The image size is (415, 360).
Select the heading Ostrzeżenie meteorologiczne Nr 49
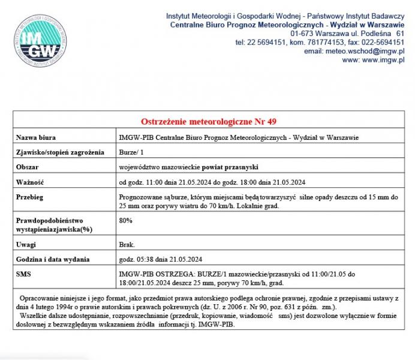[x=209, y=122]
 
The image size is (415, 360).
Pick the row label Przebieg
[x=31, y=196]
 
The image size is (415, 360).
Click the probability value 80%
[x=126, y=220]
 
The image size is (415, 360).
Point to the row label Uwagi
[x=26, y=244]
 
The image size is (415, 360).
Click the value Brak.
[x=127, y=244]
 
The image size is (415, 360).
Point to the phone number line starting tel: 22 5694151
[x=320, y=42]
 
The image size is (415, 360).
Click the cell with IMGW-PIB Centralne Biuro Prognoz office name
[x=239, y=137]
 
